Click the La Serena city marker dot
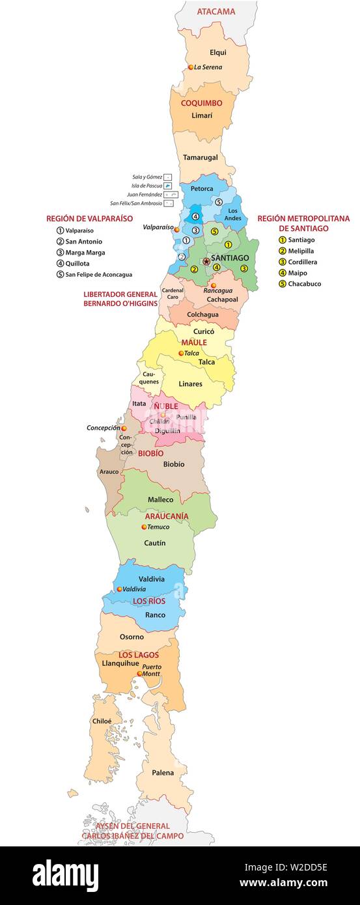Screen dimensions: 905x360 pos(191,67)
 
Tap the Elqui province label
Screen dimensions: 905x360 pos(218,52)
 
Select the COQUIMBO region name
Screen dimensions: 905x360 pos(201,103)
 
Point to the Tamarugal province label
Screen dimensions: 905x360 pos(200,158)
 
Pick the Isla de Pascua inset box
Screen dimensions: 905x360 pos(167,186)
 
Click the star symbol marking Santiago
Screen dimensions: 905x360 pos(206,261)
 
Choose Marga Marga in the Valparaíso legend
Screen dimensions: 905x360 pos(85,253)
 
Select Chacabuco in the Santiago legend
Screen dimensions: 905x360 pos(304,284)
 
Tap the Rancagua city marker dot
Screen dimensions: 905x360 pos(213,285)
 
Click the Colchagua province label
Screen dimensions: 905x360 pos(202,314)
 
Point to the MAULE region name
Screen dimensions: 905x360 pos(194,342)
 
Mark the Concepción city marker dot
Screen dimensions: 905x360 pos(124,428)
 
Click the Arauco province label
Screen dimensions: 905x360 pos(109,471)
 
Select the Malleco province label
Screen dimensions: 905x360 pos(160,500)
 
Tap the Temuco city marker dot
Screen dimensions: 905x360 pos(144,527)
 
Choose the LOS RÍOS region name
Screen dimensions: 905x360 pos(149,601)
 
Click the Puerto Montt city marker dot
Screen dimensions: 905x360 pos(139,674)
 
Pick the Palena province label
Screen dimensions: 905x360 pos(163,773)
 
